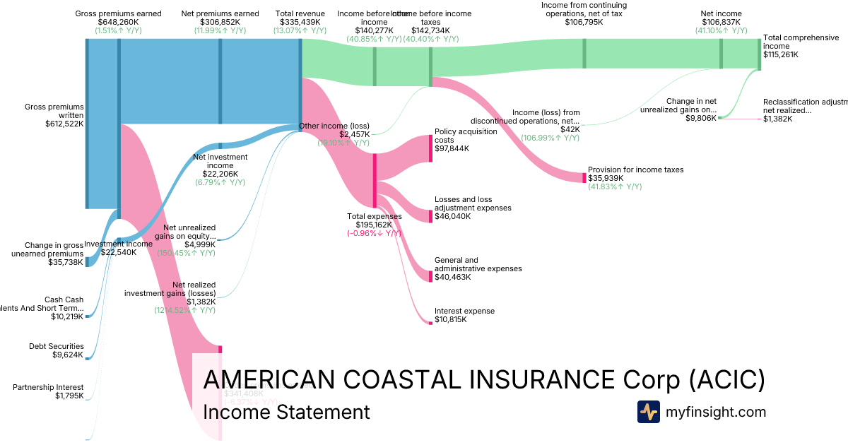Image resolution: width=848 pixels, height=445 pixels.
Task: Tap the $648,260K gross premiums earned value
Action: click(x=118, y=22)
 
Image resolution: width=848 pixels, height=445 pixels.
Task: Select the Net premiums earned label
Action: click(x=220, y=13)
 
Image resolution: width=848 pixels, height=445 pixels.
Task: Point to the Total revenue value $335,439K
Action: click(x=300, y=22)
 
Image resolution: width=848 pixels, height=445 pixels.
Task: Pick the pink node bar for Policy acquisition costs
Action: click(x=430, y=148)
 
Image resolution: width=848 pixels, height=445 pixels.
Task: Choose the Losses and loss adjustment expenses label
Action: click(x=473, y=203)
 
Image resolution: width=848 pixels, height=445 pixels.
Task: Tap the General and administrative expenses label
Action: click(x=478, y=264)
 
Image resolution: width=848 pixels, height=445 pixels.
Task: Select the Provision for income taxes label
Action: click(x=635, y=170)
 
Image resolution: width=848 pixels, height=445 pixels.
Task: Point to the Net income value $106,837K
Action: click(x=721, y=22)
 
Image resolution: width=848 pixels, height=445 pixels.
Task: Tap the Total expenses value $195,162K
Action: click(x=374, y=225)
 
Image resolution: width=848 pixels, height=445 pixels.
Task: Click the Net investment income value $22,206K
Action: click(x=220, y=174)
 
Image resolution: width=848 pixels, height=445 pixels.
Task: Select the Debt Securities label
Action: click(x=56, y=346)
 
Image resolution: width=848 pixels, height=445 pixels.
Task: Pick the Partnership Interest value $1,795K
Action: click(x=69, y=396)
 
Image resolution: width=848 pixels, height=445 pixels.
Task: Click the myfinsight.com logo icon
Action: click(x=648, y=412)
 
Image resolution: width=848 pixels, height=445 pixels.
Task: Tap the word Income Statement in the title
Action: click(x=285, y=412)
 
